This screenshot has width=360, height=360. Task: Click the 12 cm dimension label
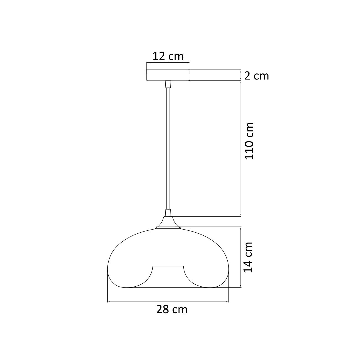168,56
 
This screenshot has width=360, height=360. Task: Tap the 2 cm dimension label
256,76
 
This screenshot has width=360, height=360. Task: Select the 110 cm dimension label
249,141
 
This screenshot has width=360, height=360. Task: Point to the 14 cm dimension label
248,257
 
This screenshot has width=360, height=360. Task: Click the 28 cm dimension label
172,309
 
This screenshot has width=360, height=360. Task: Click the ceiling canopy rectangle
168,75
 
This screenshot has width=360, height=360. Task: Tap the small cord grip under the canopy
168,84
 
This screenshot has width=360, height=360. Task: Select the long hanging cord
168,150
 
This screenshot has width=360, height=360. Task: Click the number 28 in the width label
163,309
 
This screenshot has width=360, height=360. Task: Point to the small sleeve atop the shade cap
168,213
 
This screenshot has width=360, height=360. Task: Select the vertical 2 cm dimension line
240,75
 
